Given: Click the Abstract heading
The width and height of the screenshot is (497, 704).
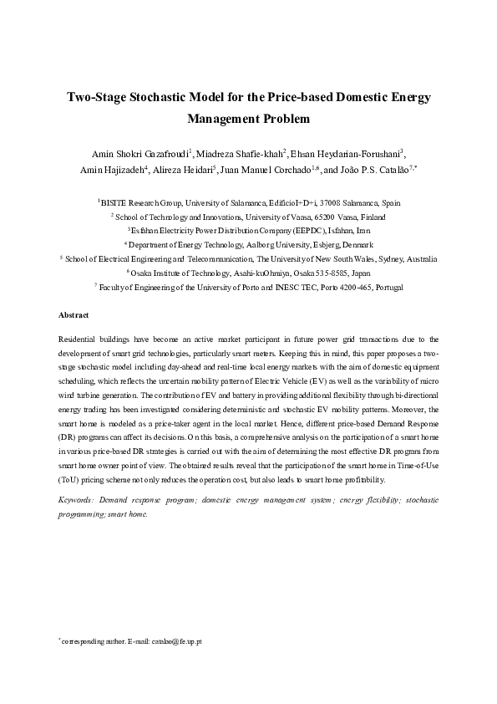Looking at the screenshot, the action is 74,315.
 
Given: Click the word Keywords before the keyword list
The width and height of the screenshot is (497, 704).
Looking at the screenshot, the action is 76,499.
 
